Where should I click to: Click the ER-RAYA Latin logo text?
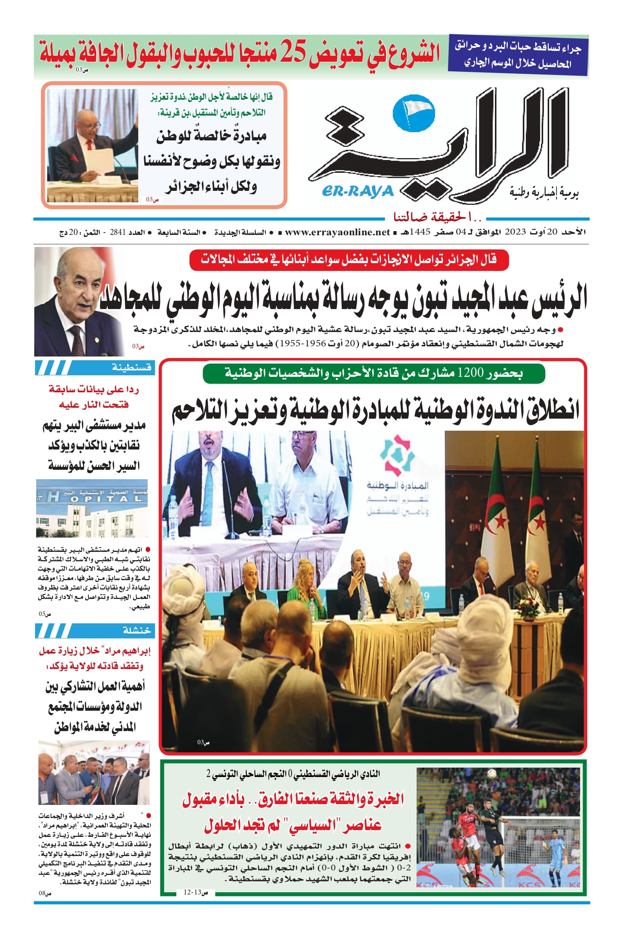coord(357,191)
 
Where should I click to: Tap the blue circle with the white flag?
coord(413,113)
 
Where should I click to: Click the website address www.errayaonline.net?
coord(337,232)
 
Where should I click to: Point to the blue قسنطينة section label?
coord(131,367)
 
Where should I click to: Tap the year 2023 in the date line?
coord(515,232)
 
